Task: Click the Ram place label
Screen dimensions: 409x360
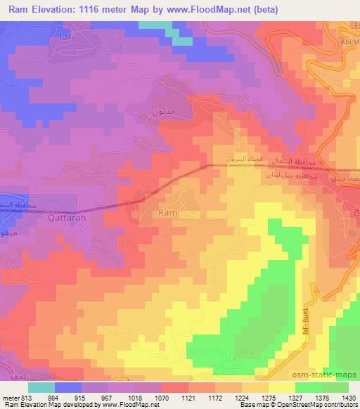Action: (168, 212)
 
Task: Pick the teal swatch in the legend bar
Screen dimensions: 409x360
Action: (41, 387)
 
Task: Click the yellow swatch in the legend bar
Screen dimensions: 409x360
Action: (281, 387)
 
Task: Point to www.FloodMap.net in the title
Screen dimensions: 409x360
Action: (217, 10)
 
